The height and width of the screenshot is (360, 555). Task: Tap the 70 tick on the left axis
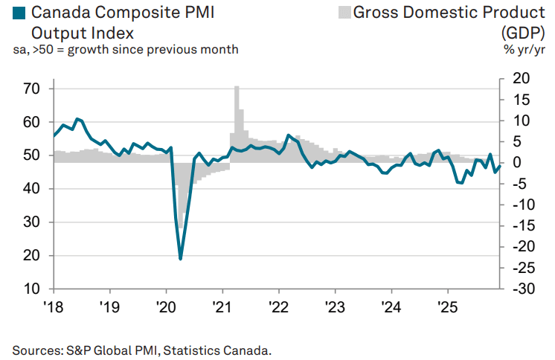point(34,89)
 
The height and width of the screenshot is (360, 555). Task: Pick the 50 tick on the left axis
point(34,155)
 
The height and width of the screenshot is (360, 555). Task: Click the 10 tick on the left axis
point(34,289)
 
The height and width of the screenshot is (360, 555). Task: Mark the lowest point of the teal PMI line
point(181,258)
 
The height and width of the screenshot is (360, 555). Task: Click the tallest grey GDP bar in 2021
point(237,88)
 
